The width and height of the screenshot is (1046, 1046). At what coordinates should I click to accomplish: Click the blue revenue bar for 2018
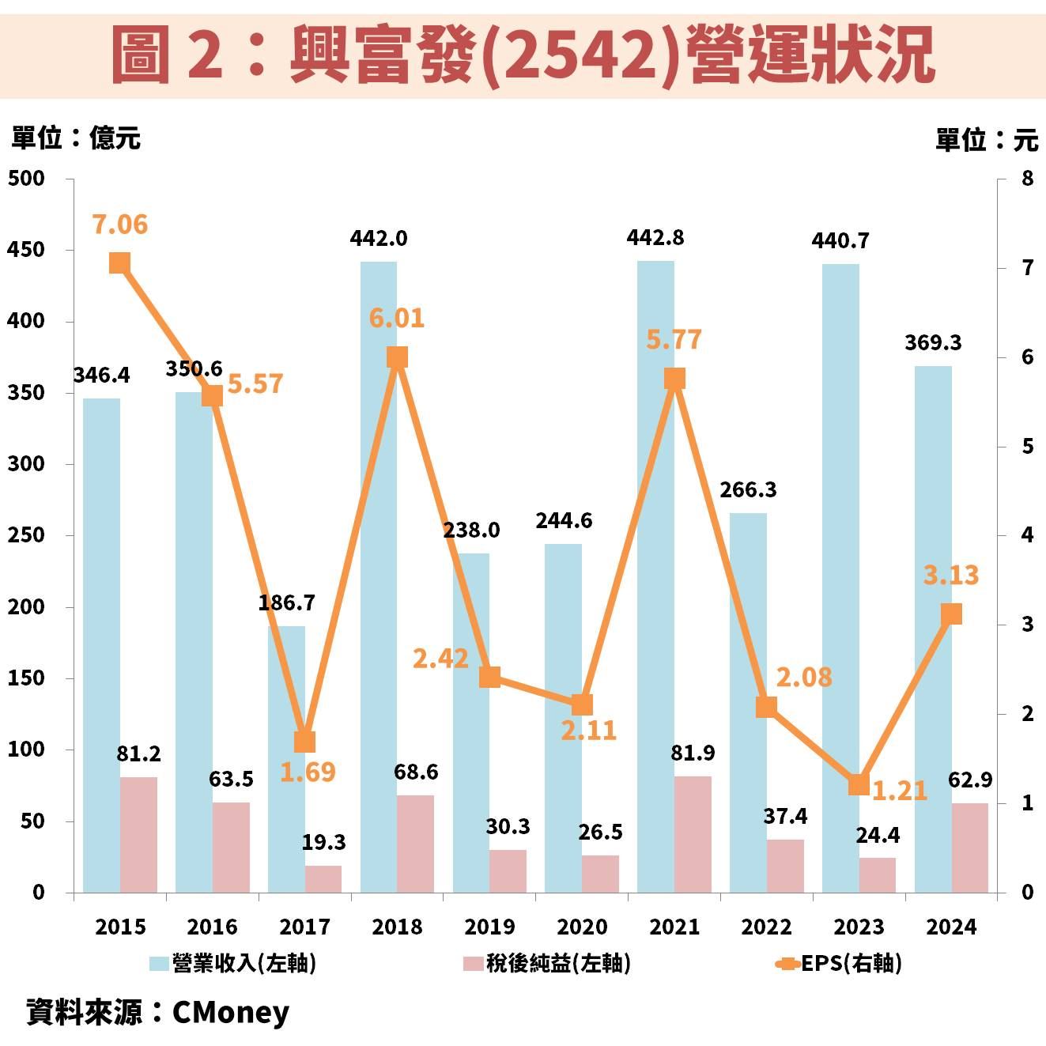click(x=379, y=577)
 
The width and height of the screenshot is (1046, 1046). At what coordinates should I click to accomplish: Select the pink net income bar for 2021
click(x=693, y=834)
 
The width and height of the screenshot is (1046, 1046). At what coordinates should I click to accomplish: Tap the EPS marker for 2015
click(x=119, y=263)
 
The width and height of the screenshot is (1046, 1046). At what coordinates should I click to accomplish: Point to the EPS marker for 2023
click(x=859, y=784)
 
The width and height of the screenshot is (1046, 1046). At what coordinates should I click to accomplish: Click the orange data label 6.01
click(x=397, y=318)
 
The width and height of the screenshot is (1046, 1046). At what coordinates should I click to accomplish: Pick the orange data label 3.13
click(x=951, y=575)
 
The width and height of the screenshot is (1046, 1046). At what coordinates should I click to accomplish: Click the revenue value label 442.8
click(x=655, y=238)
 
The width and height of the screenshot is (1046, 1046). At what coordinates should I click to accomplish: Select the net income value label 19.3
click(x=323, y=842)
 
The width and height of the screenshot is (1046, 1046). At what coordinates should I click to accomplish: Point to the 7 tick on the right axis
click(x=1027, y=268)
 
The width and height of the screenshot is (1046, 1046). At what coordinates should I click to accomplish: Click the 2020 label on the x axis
click(x=582, y=927)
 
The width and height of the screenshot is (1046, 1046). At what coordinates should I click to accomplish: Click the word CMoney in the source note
click(x=231, y=1012)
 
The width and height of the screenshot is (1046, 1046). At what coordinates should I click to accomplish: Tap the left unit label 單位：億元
click(x=76, y=138)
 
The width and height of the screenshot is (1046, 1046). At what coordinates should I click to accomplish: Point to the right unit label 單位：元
click(x=986, y=140)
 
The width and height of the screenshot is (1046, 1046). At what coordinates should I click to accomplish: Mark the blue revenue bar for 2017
click(x=286, y=759)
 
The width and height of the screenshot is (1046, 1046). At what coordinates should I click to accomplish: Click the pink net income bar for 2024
click(x=970, y=848)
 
